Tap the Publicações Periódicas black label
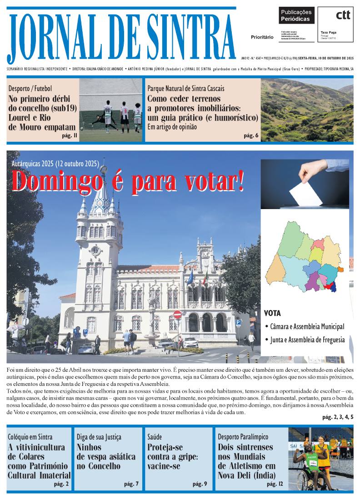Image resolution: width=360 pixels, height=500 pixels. [x=296, y=16]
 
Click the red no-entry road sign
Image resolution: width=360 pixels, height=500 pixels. [x=177, y=315]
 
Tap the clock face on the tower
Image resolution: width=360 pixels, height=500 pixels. [x=95, y=250]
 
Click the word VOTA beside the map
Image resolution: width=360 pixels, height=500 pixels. [x=273, y=313]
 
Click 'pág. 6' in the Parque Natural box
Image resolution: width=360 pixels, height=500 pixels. [x=251, y=135]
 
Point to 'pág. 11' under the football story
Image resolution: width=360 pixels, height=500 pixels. [x=69, y=135]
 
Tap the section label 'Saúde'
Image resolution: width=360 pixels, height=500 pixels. [x=155, y=437]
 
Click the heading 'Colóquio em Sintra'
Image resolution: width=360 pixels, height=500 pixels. [x=30, y=437]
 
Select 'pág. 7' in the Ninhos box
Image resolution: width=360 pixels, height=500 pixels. [x=131, y=484]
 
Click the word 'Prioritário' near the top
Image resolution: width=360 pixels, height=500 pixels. [x=262, y=37]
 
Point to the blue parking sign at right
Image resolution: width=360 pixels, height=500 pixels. [x=238, y=322]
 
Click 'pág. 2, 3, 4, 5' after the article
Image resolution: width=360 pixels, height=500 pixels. [x=337, y=417]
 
